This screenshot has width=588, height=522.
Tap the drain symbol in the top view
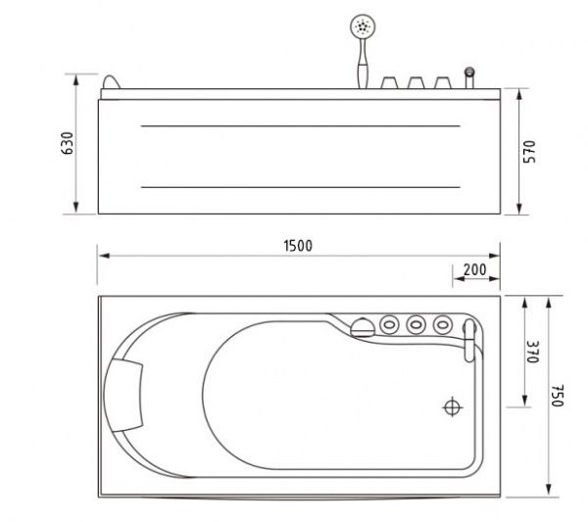coord(453,404)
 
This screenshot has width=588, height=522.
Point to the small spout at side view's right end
coord(470,76)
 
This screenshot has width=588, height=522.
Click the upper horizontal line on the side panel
coord(301,127)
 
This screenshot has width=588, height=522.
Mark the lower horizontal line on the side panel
coord(301,186)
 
